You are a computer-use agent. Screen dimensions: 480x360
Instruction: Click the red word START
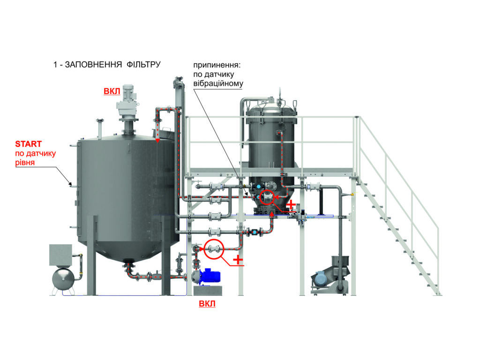pos(28,144)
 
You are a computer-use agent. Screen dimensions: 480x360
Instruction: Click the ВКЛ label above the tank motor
pos(112,91)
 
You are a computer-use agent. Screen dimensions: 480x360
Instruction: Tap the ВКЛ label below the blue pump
pos(207,304)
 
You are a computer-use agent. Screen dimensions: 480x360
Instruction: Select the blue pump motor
pos(210,276)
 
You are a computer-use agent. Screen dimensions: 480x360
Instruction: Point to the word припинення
pos(217,65)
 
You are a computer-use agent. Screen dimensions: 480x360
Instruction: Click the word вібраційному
pos(218,83)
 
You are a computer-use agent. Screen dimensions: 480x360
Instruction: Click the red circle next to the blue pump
pos(214,249)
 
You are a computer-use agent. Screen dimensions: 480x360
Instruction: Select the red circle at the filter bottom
pos(267,197)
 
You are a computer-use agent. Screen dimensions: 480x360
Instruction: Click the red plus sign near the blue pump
pos(238,260)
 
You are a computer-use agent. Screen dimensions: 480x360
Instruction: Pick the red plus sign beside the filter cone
pos(291,204)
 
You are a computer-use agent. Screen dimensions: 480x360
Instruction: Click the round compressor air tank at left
pos(63,278)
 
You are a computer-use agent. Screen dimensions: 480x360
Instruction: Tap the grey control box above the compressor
pos(60,255)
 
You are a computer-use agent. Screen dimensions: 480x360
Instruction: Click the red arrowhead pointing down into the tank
pos(157,141)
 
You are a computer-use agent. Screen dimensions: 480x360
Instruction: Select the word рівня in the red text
pos(25,163)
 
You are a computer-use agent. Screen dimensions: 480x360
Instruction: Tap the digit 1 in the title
pos(55,65)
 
